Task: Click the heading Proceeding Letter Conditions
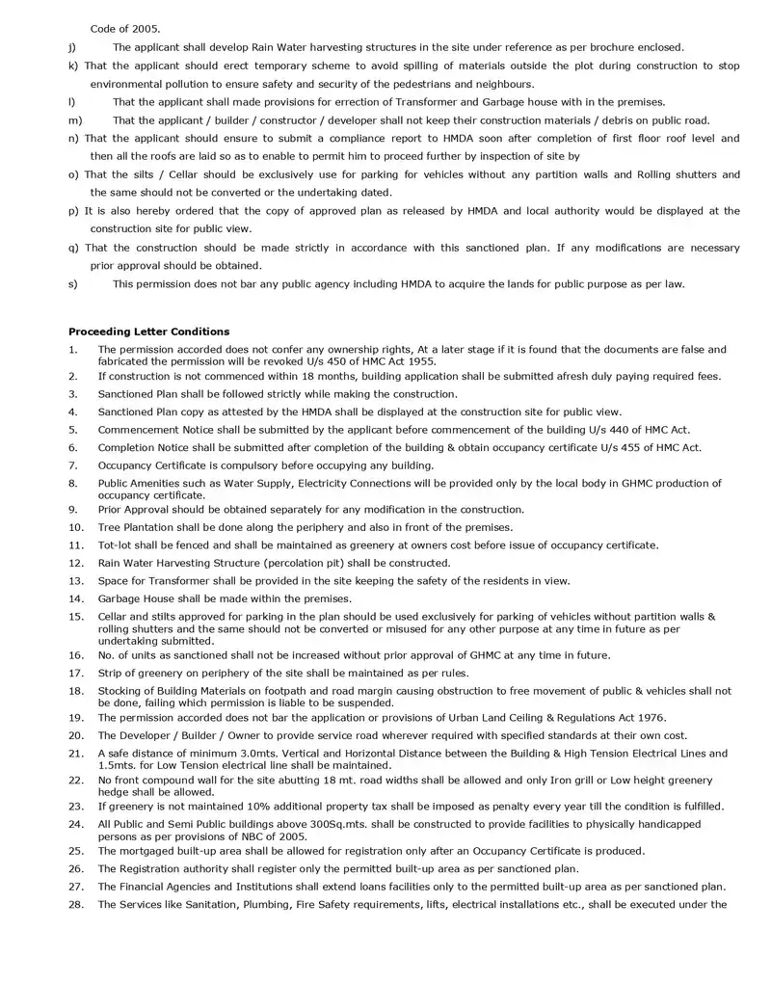click(148, 332)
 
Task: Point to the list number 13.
click(75, 580)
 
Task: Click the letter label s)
click(73, 283)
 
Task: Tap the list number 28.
click(75, 904)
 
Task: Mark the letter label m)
click(75, 120)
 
